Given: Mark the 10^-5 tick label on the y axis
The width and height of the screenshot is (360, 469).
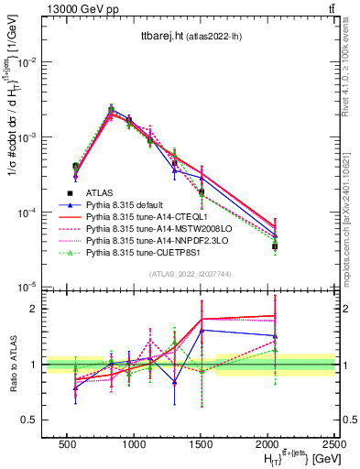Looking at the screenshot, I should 30,288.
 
